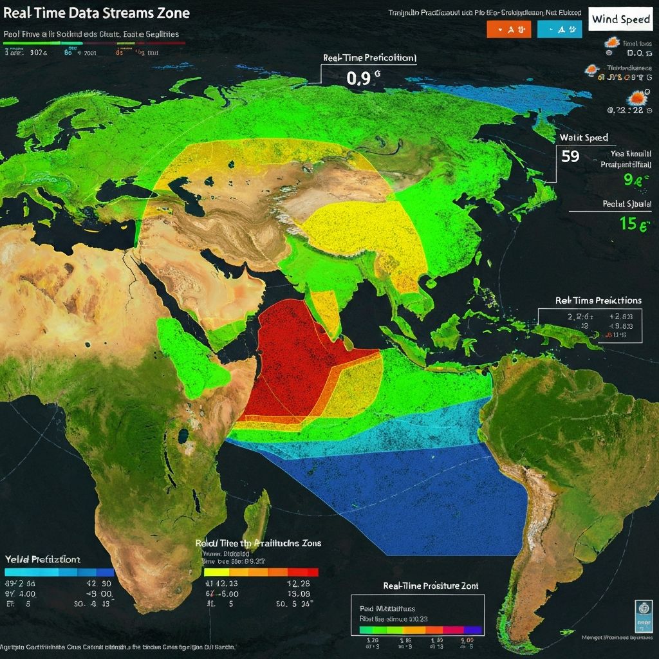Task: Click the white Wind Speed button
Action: [x=621, y=20]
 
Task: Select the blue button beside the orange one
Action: [x=559, y=29]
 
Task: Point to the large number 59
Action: [x=570, y=156]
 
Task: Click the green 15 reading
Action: [x=635, y=224]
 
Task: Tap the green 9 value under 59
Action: [x=633, y=181]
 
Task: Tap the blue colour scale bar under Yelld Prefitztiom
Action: [x=59, y=571]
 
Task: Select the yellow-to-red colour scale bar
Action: [x=261, y=572]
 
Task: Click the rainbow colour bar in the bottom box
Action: [x=421, y=629]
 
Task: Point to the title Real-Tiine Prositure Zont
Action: [x=431, y=586]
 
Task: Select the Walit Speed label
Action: [x=584, y=138]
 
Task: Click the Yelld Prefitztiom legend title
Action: [x=42, y=560]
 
